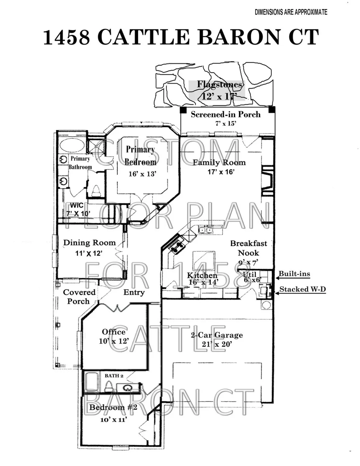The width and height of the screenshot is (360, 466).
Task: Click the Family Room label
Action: [x=219, y=162]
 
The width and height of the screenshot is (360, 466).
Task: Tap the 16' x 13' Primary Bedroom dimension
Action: [x=142, y=174]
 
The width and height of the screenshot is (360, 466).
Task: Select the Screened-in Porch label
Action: [x=225, y=114]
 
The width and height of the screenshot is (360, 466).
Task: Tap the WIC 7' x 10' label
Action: [x=78, y=210]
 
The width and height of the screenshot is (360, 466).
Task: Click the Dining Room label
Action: [x=89, y=243]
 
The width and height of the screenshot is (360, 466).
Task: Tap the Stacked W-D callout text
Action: [x=302, y=289]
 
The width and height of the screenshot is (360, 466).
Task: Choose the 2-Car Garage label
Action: [x=217, y=335]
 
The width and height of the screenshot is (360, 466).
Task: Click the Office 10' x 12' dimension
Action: [x=114, y=341]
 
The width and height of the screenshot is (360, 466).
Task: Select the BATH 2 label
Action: [x=114, y=376]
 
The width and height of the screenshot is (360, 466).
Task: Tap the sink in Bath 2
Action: [x=127, y=388]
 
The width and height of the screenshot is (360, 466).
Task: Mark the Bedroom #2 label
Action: [x=113, y=407]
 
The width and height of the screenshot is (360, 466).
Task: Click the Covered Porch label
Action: [x=79, y=297]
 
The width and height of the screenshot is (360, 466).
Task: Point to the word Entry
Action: [x=134, y=292]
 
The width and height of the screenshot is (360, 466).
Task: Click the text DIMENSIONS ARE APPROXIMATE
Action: [x=291, y=12]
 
